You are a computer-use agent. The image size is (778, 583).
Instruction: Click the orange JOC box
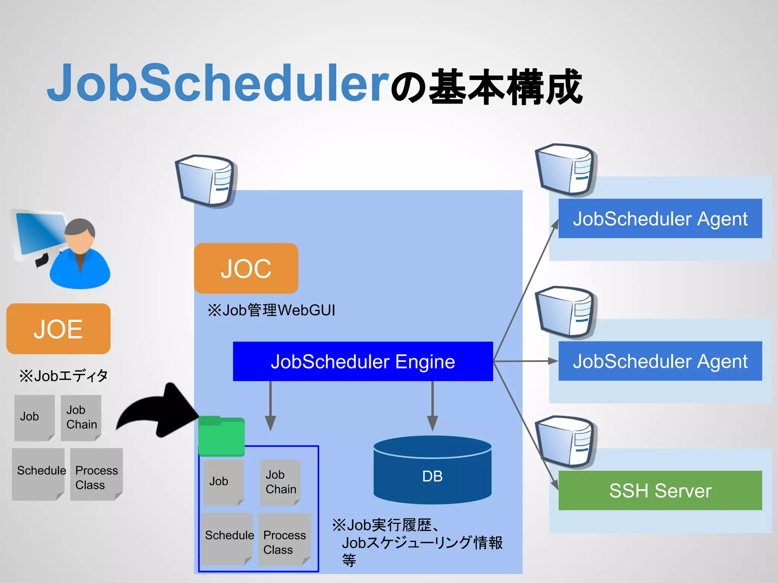click(x=246, y=268)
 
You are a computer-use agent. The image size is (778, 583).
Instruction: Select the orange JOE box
click(x=58, y=329)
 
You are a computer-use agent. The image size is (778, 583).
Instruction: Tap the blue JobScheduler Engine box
click(x=363, y=361)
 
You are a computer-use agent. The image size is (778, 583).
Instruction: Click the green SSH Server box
click(x=660, y=490)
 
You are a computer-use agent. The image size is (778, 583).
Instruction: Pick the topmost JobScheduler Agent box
click(x=660, y=219)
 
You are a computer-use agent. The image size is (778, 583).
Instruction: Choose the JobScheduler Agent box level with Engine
click(x=660, y=361)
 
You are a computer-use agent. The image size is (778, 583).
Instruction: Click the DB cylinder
click(x=432, y=471)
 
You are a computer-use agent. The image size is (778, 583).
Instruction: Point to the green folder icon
click(x=221, y=436)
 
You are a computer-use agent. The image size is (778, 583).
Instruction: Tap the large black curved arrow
click(x=160, y=414)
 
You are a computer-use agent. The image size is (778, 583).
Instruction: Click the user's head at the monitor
click(x=80, y=235)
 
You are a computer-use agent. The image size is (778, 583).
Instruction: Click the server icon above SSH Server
click(x=566, y=442)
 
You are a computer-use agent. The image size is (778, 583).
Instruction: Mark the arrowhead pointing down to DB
click(x=432, y=422)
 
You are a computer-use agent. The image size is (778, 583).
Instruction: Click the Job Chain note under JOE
click(x=81, y=418)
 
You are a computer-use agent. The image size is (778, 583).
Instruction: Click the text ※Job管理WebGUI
click(x=271, y=310)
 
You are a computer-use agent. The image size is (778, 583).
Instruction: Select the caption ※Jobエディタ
click(x=63, y=376)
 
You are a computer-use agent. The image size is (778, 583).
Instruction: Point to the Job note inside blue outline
click(x=223, y=482)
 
